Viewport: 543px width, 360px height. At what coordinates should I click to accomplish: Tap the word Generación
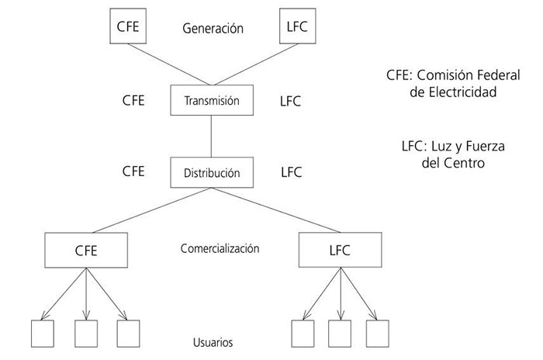(213, 29)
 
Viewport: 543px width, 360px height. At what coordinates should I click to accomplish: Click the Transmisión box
(212, 100)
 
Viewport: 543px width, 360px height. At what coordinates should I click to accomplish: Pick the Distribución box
(212, 172)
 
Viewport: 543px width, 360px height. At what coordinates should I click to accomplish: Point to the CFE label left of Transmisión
(133, 100)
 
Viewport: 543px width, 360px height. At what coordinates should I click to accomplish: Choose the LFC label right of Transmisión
(290, 101)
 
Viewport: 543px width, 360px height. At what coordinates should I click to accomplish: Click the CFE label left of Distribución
(133, 171)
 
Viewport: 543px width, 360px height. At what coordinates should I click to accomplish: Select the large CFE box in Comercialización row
(86, 251)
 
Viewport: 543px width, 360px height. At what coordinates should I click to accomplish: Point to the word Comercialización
(220, 249)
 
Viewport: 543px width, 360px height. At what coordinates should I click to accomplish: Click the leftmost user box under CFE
(42, 333)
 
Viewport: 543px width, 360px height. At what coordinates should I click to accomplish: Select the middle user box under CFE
(85, 333)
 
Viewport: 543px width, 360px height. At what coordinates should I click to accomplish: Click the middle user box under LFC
(339, 333)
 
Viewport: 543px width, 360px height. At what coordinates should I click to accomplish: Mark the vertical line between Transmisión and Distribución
(212, 136)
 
